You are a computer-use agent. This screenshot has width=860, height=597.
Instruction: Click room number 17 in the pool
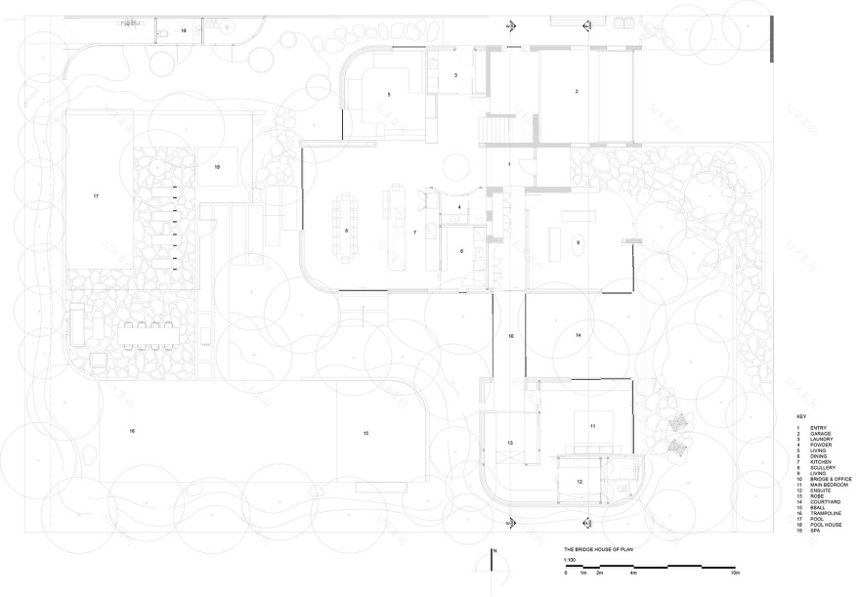96,196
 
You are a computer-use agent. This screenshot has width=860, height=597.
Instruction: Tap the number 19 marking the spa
217,167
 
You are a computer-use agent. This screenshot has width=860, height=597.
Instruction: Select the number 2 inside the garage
577,91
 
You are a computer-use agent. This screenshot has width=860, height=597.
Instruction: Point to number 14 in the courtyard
578,335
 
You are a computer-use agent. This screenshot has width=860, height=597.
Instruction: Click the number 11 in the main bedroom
592,427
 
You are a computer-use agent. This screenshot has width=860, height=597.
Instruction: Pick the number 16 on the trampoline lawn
131,430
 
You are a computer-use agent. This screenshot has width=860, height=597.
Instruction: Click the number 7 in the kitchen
415,233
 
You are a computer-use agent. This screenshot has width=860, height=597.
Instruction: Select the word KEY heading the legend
801,416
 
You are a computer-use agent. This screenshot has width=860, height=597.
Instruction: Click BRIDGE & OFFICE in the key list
831,479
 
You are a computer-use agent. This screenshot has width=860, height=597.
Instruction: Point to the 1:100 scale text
569,560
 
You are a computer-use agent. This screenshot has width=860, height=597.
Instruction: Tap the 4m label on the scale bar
633,573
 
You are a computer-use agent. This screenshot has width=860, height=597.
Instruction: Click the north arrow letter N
495,552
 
